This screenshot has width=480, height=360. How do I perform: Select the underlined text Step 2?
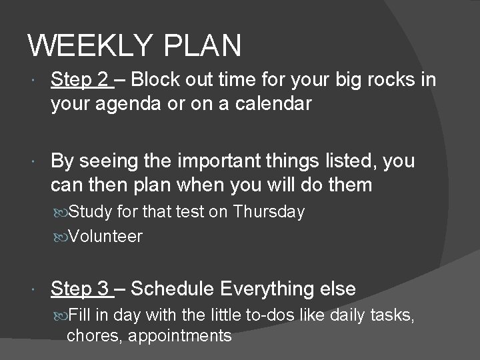79,81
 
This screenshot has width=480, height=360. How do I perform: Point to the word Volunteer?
105,236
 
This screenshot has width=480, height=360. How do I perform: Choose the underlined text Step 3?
79,289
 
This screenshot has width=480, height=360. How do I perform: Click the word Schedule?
172,289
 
